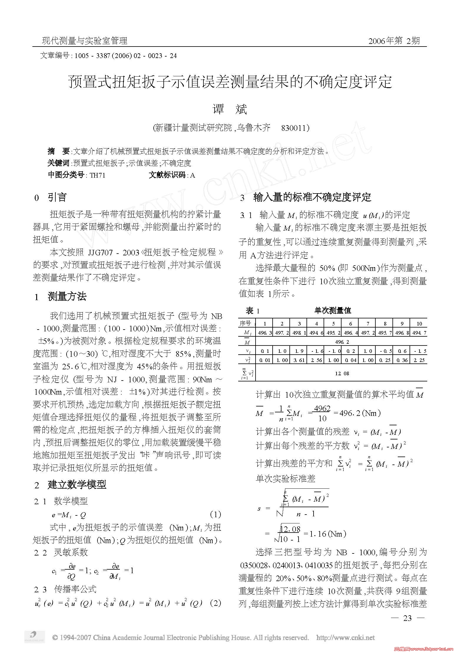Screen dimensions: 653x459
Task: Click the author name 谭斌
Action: click(x=229, y=109)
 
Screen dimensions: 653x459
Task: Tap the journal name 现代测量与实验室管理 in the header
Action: click(x=84, y=41)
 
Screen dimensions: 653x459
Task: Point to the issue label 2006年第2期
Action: click(x=394, y=41)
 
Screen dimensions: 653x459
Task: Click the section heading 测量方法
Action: click(x=67, y=297)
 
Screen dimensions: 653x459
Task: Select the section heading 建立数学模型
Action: click(x=77, y=485)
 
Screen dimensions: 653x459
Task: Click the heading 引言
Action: click(x=57, y=197)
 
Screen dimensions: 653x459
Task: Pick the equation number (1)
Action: click(x=216, y=515)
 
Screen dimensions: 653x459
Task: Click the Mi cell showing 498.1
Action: click(x=299, y=333)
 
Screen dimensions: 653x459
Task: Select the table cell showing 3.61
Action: click(x=299, y=360)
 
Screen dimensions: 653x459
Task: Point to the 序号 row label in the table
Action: click(x=246, y=323)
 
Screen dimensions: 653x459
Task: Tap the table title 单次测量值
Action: click(x=333, y=310)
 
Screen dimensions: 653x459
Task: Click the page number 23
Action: click(x=407, y=618)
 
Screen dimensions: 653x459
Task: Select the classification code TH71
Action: click(x=97, y=176)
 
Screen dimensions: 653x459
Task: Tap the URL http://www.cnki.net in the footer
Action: click(x=345, y=638)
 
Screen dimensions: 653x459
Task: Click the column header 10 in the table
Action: click(x=419, y=323)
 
